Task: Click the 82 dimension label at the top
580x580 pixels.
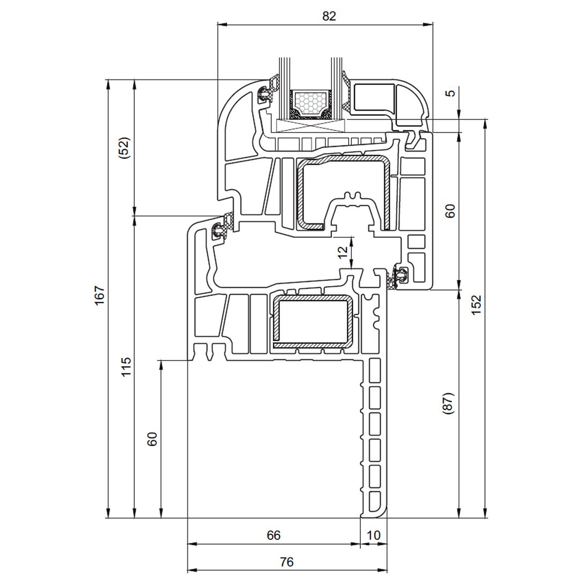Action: [329, 16]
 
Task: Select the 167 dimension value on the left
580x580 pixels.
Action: [100, 295]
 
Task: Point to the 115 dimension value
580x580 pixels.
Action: [127, 367]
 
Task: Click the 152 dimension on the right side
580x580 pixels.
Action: [476, 305]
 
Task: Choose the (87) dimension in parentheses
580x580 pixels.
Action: [448, 403]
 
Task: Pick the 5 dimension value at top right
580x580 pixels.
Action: [450, 93]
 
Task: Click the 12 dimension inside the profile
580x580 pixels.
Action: [343, 251]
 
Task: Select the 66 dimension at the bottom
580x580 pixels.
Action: [273, 535]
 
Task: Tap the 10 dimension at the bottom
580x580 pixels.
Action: [373, 535]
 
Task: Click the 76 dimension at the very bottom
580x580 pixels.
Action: [286, 562]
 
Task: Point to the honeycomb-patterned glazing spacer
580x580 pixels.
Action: [310, 104]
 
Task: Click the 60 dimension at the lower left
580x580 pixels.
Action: [152, 439]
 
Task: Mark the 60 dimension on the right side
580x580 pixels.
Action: [450, 211]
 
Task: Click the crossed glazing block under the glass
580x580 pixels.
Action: [311, 126]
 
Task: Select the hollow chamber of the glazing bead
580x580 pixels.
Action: [374, 97]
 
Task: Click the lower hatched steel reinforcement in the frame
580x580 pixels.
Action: [313, 322]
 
